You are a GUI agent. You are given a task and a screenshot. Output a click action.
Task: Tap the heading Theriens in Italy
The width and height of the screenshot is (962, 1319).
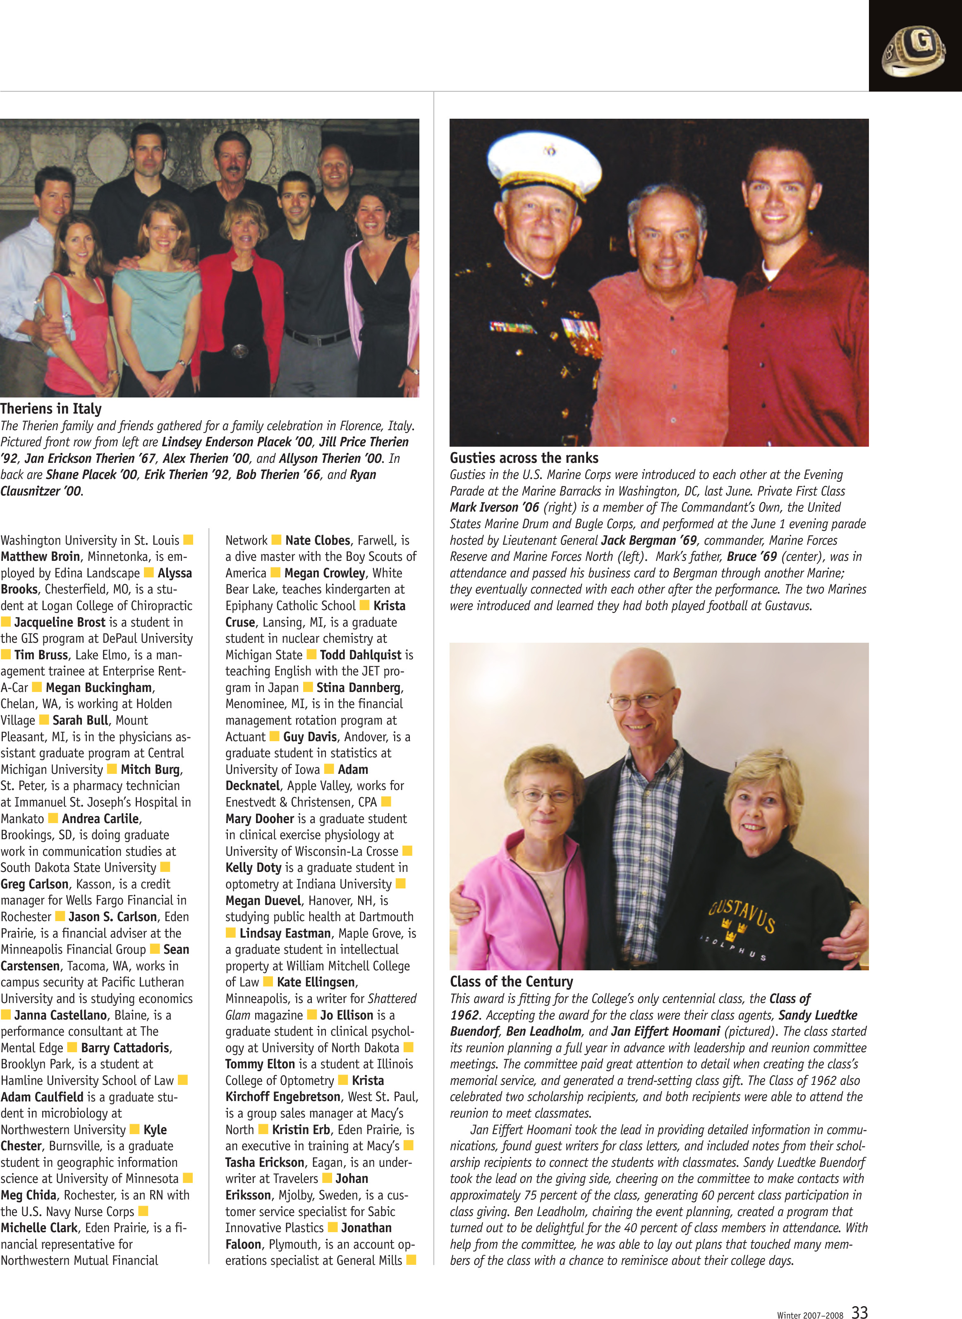(x=51, y=409)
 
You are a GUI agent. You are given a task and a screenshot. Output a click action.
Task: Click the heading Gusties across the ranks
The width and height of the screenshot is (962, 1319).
(x=524, y=458)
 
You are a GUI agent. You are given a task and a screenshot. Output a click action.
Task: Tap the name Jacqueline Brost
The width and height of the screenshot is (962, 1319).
(x=60, y=622)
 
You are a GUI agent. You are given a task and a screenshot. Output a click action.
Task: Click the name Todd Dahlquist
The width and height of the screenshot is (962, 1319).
(x=361, y=655)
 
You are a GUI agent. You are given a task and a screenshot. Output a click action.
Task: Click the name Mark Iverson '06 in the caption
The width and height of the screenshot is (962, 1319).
(x=494, y=507)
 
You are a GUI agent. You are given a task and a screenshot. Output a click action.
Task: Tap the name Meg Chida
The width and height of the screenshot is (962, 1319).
(x=29, y=1195)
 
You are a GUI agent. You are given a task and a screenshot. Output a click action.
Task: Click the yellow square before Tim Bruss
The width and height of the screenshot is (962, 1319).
(x=6, y=655)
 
